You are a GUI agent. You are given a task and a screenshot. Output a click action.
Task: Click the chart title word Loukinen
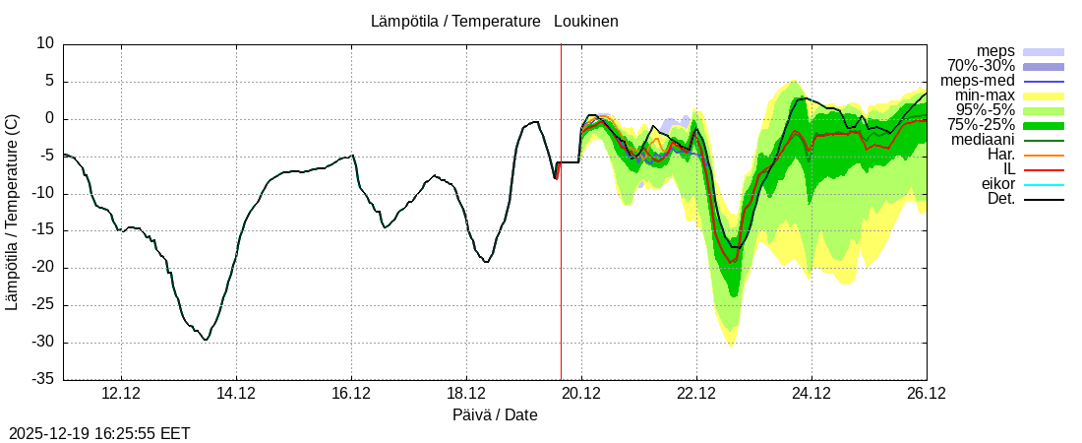[x=585, y=21]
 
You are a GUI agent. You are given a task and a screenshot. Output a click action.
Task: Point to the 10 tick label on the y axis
[x=45, y=43]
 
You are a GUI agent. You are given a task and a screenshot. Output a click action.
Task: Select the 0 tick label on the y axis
[x=49, y=118]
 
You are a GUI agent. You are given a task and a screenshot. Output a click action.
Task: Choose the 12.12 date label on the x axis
[x=121, y=393]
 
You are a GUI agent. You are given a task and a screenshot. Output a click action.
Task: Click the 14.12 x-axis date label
[x=236, y=393]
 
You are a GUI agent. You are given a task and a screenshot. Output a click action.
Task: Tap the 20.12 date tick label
[x=581, y=393]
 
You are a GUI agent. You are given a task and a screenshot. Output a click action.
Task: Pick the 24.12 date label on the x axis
[x=811, y=393]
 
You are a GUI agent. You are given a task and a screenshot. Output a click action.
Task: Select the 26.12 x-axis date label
[x=927, y=393]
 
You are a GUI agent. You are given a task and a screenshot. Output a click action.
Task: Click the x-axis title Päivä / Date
[x=495, y=415]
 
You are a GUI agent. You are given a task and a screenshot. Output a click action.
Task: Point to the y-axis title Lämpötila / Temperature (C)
[x=12, y=212]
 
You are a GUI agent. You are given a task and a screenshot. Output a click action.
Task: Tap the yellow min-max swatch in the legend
[x=1044, y=95]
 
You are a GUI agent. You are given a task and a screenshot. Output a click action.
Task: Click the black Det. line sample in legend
[x=1044, y=199]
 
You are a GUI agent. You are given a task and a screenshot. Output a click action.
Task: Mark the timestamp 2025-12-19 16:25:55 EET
[x=99, y=433]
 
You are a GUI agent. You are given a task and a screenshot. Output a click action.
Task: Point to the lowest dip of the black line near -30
[x=205, y=339]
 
